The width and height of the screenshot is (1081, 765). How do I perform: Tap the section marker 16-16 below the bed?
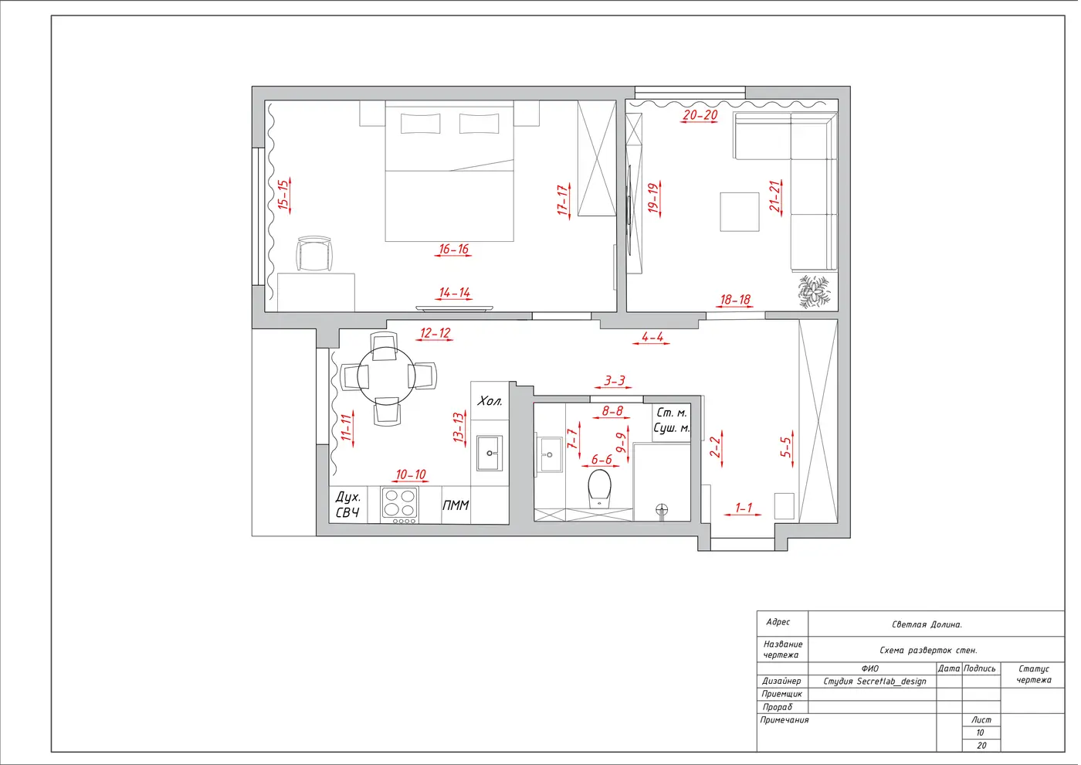tap(454, 250)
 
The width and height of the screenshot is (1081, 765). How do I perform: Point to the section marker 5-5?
tap(788, 449)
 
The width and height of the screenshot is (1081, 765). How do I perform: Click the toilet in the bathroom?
tap(600, 488)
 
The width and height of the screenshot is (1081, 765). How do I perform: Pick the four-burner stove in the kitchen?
tap(400, 505)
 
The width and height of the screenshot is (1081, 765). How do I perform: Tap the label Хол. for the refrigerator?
tap(490, 401)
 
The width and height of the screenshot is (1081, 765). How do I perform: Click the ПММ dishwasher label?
tap(456, 505)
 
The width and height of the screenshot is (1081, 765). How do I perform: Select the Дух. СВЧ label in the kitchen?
tap(348, 504)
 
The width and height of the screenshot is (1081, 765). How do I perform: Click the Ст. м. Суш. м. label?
tap(672, 420)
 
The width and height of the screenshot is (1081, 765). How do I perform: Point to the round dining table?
tap(386, 376)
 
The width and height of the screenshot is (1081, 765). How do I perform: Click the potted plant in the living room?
tap(814, 291)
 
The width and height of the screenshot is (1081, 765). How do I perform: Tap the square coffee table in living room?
tap(740, 212)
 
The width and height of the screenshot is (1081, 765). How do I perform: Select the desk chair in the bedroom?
tap(314, 253)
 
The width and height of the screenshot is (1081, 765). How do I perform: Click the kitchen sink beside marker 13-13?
tap(490, 453)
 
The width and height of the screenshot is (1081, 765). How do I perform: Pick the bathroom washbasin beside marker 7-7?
tap(550, 454)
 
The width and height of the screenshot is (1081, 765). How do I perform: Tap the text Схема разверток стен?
tap(928, 650)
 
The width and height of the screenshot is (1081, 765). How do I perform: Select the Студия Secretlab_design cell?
tap(874, 681)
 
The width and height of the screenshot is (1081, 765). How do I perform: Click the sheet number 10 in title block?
tap(980, 733)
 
